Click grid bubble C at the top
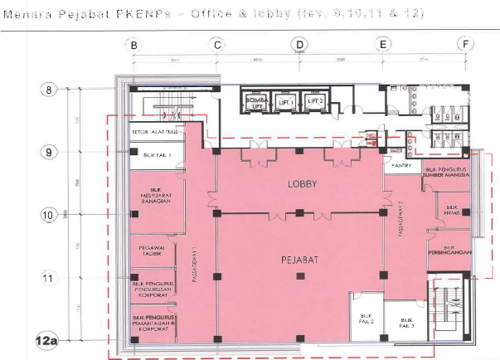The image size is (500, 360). [x=217, y=45]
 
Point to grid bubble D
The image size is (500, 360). [x=299, y=45]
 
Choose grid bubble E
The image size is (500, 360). [x=382, y=45]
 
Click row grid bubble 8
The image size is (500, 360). [x=49, y=89]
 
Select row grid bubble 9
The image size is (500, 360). [x=49, y=151]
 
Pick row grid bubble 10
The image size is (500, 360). [x=49, y=214]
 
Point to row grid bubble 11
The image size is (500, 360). [x=49, y=278]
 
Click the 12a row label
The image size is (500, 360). [x=47, y=340]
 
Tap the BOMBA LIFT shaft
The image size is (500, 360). [x=255, y=101]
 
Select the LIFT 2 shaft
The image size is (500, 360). [x=314, y=101]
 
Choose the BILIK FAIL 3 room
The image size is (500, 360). [x=405, y=322]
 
